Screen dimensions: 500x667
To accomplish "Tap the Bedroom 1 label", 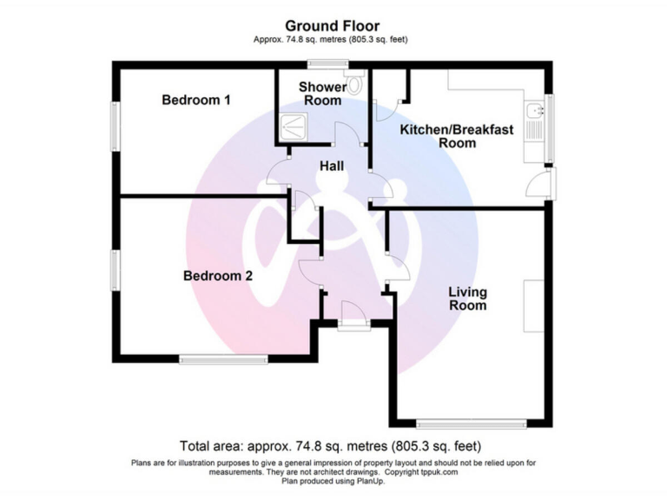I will tap(196, 101).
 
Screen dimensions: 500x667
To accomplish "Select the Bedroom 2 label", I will tap(217, 276).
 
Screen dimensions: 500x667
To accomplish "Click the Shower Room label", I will tap(321, 94).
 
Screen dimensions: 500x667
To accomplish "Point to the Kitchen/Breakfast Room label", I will tap(456, 136).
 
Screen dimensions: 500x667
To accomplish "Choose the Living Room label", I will tap(467, 299).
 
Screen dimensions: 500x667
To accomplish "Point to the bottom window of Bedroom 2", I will tap(224, 358).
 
